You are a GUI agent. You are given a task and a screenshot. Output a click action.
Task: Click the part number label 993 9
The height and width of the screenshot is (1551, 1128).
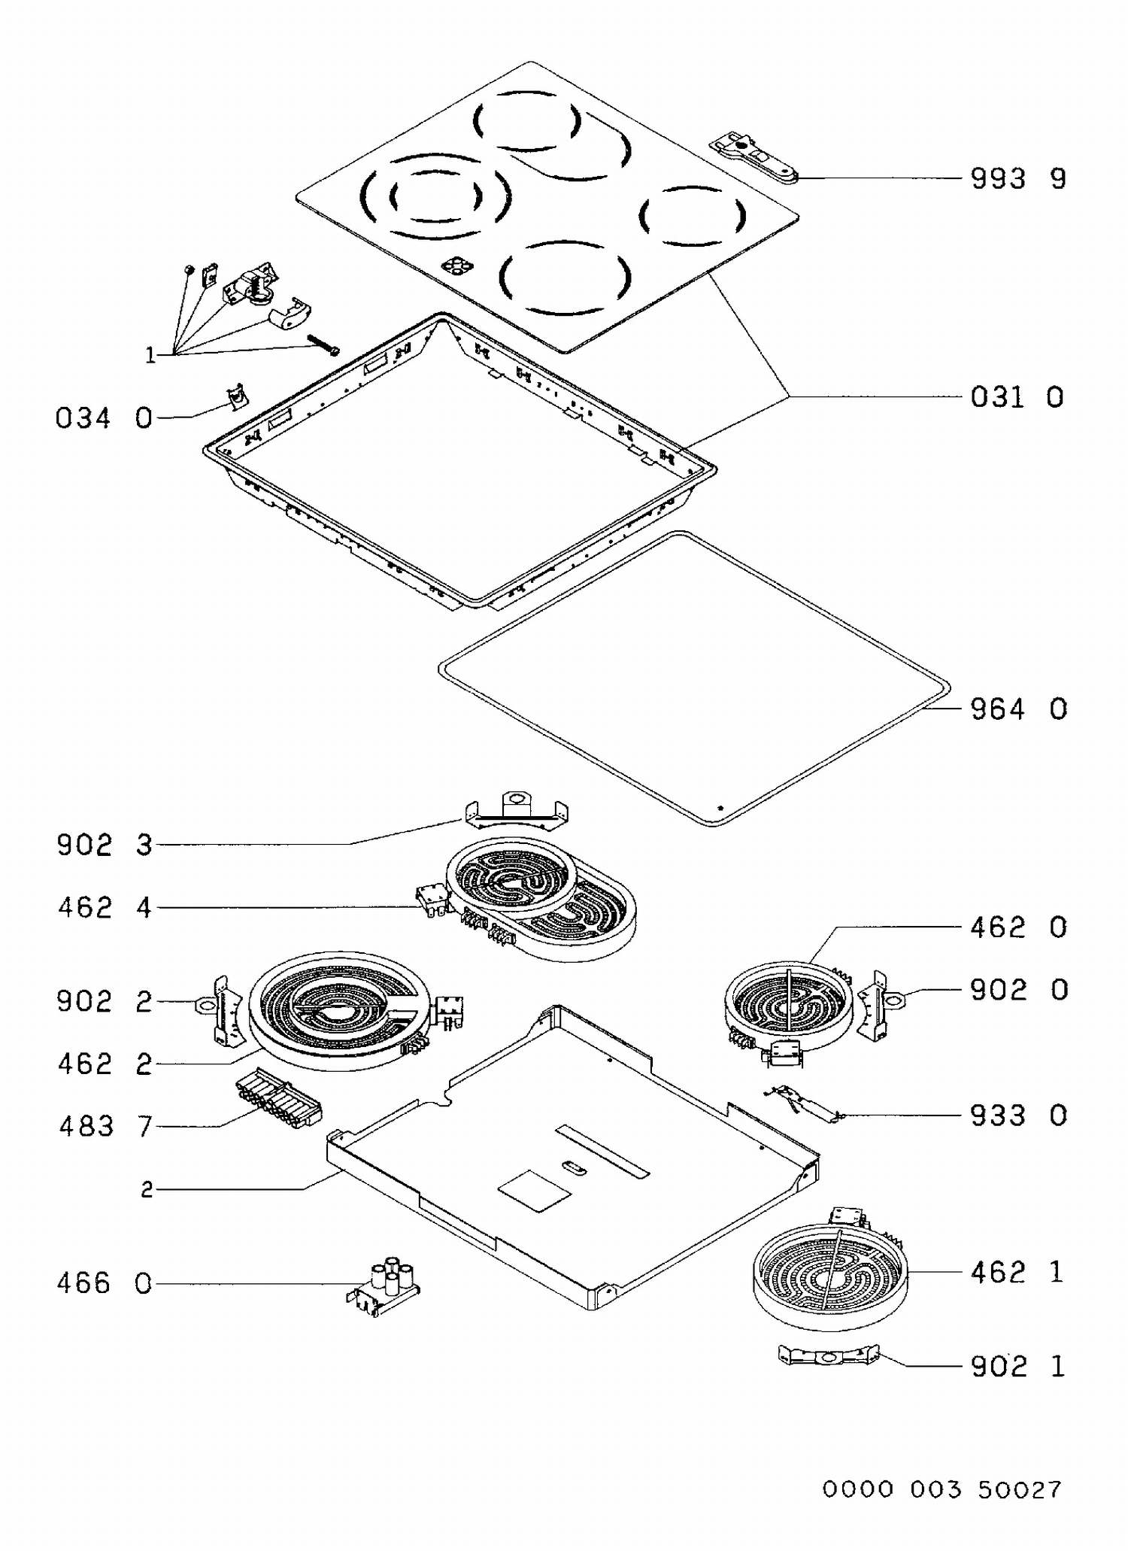click(1018, 179)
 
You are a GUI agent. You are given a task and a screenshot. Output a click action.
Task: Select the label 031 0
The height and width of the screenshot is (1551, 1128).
click(1017, 397)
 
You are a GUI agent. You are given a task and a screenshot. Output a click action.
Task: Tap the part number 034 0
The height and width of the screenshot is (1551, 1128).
click(104, 418)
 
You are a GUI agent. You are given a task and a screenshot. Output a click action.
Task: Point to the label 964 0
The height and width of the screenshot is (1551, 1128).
click(1019, 709)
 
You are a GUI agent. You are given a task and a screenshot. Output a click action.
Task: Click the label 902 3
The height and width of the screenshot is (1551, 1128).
click(105, 845)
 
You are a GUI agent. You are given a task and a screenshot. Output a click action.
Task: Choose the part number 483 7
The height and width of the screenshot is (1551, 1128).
click(105, 1127)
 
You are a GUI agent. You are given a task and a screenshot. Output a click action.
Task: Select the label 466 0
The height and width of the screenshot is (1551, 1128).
click(105, 1283)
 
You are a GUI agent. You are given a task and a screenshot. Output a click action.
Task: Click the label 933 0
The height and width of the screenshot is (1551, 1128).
click(1019, 1115)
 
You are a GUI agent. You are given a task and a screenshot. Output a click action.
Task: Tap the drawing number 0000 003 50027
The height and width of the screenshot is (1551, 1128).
click(942, 1489)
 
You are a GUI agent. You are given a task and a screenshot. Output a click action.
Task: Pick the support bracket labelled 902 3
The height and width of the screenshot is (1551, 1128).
click(516, 810)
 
